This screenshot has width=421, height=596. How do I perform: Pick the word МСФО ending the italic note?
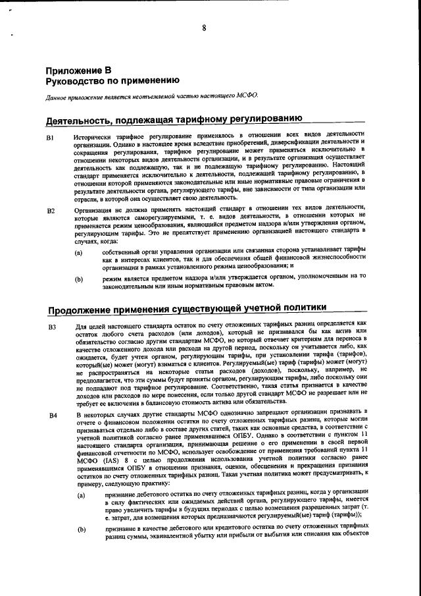(248, 96)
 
